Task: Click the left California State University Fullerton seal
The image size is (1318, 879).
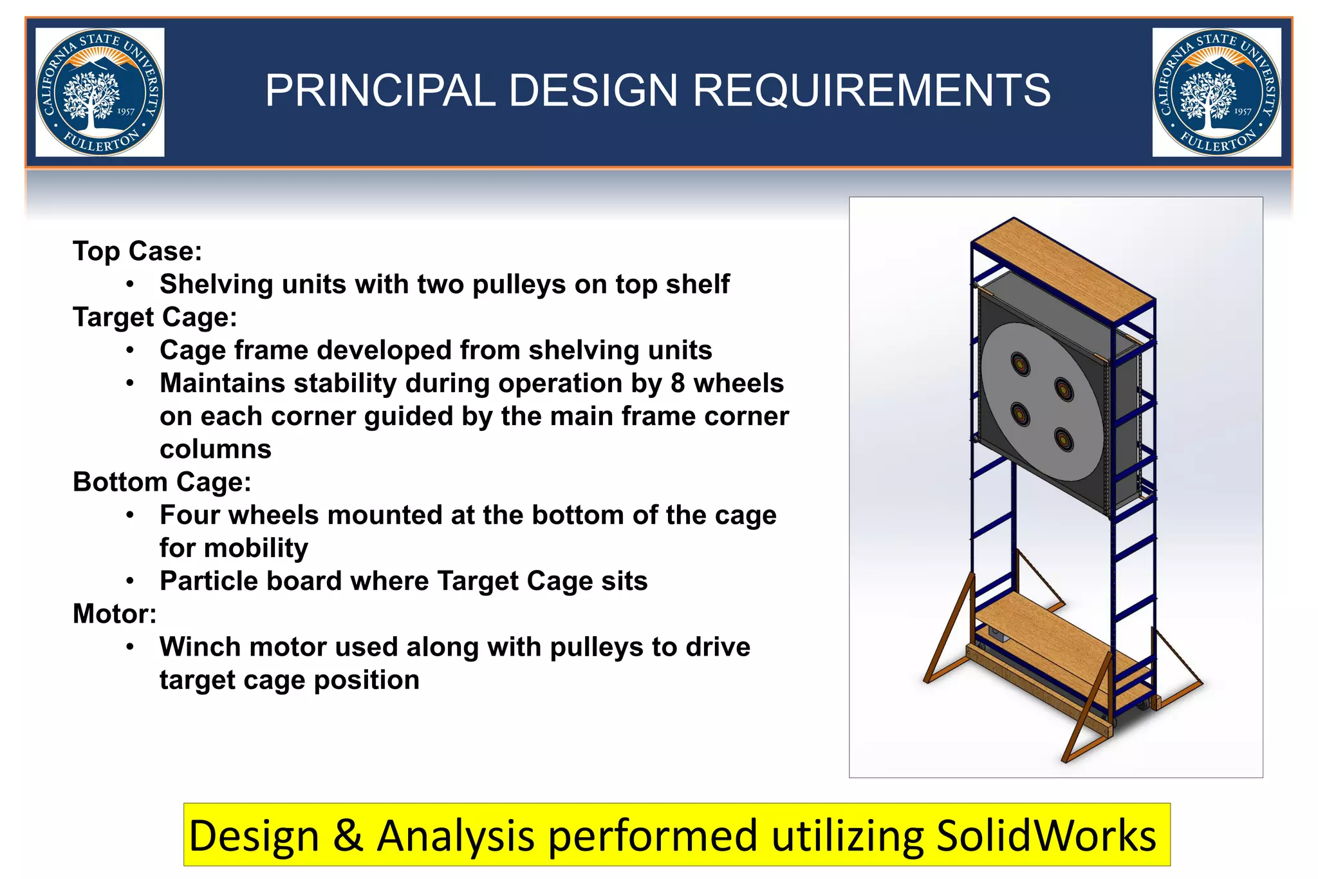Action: pos(100,92)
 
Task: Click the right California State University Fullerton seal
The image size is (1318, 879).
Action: pos(1216,92)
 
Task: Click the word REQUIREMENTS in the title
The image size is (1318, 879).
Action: pos(871,90)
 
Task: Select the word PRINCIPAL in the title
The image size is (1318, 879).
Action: pos(380,90)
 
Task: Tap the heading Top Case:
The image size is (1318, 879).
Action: pos(137,251)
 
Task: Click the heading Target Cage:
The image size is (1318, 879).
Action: pos(155,317)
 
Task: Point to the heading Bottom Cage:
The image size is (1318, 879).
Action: pos(162,482)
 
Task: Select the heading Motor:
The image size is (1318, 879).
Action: pos(115,614)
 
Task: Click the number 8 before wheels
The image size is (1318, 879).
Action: pos(677,383)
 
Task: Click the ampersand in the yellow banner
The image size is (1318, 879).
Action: pos(348,835)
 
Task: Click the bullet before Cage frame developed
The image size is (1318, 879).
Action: pos(130,350)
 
